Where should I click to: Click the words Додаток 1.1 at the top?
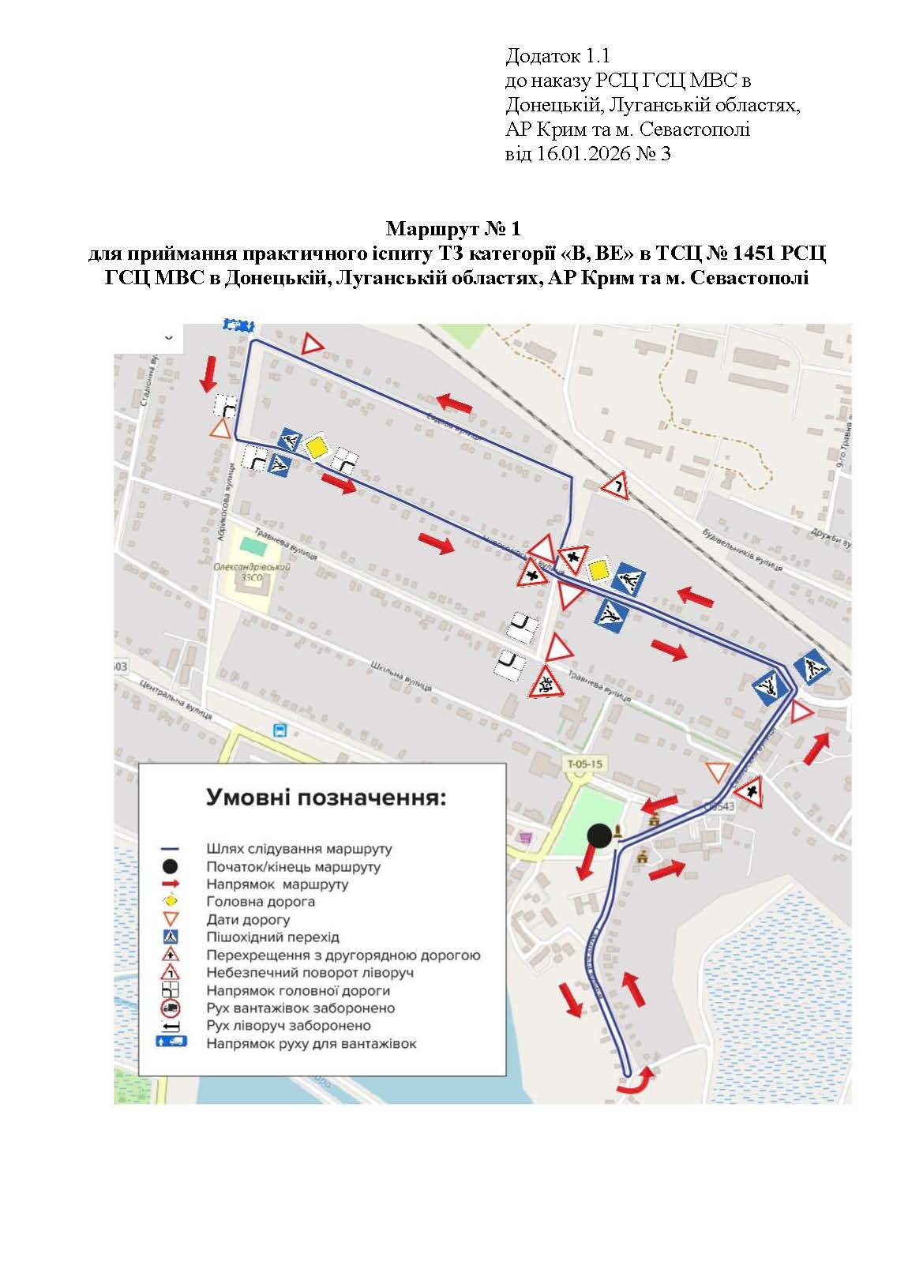pyautogui.click(x=557, y=56)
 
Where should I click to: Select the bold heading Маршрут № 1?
pyautogui.click(x=453, y=229)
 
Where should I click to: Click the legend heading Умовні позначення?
pyautogui.click(x=325, y=798)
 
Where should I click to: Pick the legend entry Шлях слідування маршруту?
pyautogui.click(x=298, y=849)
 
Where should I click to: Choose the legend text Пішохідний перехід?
pyautogui.click(x=272, y=937)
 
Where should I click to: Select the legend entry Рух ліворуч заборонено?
pyautogui.click(x=288, y=1026)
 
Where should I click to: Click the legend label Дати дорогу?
pyautogui.click(x=248, y=920)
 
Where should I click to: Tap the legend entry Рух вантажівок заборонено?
pyautogui.click(x=300, y=1008)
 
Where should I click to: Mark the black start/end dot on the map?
pyautogui.click(x=599, y=835)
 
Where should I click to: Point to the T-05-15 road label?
pyautogui.click(x=585, y=764)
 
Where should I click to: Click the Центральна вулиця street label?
pyautogui.click(x=176, y=700)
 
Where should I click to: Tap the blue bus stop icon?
pyautogui.click(x=279, y=730)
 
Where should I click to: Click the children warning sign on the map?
pyautogui.click(x=544, y=681)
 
